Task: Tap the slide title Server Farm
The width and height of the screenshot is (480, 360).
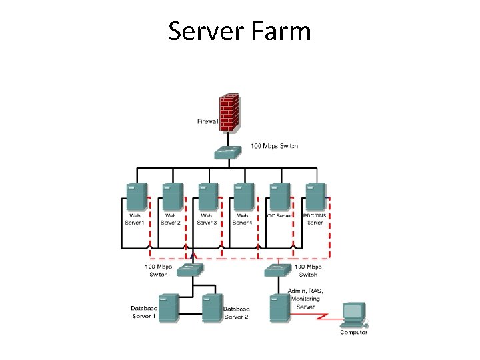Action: [239, 31]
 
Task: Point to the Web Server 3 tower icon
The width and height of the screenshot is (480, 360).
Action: [207, 197]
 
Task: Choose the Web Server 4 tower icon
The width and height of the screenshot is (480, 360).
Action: [243, 197]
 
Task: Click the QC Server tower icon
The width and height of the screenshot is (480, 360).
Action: [279, 197]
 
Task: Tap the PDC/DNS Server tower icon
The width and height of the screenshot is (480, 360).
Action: [315, 197]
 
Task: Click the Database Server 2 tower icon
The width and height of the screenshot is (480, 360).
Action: [211, 307]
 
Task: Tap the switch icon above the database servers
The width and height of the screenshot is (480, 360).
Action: [191, 270]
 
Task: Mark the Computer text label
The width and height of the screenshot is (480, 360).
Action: [353, 332]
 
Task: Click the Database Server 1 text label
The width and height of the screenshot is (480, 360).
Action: [144, 312]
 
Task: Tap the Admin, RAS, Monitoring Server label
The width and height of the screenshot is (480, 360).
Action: [305, 299]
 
